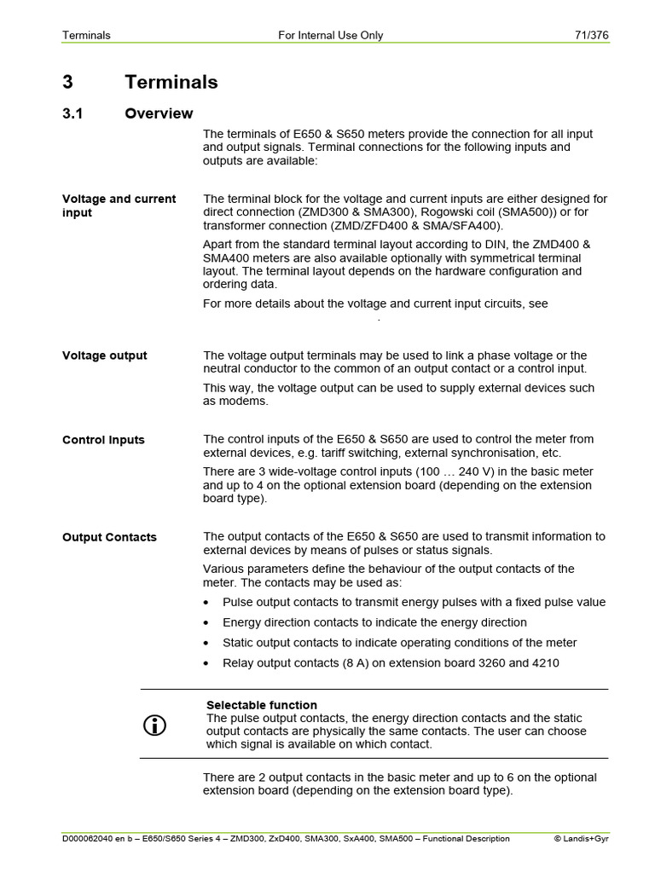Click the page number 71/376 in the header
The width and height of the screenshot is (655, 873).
coord(591,35)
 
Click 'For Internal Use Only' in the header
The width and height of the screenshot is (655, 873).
coord(331,35)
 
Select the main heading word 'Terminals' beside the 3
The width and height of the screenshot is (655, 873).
coord(171,82)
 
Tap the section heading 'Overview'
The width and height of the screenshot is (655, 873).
coord(159,113)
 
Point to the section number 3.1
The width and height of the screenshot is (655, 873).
coord(72,113)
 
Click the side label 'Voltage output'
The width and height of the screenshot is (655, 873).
coord(104,356)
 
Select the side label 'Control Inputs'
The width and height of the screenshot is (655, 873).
coord(103,440)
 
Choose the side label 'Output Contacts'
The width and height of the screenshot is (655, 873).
coord(109,537)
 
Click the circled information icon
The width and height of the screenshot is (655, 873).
coord(154,726)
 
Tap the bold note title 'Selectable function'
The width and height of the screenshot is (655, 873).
coord(262,705)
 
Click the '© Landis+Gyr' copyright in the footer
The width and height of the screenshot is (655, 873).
coord(582,838)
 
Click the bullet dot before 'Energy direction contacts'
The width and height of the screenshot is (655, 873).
coord(207,623)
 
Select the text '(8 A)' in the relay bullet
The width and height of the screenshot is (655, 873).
coord(351,663)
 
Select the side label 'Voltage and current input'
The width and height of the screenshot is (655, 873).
coord(119,205)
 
